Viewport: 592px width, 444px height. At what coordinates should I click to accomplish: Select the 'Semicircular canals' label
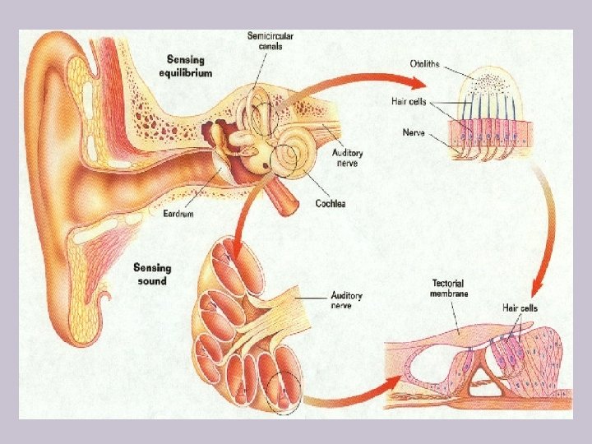click(271, 42)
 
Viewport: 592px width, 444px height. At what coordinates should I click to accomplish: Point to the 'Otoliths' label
click(428, 64)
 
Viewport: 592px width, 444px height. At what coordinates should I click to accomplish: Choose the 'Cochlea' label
click(329, 203)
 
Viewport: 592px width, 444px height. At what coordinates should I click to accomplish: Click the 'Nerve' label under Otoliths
click(414, 132)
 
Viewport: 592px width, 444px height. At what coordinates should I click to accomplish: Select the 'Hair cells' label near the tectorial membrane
click(520, 308)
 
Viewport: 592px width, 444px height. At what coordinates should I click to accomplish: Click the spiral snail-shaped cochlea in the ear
click(292, 155)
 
